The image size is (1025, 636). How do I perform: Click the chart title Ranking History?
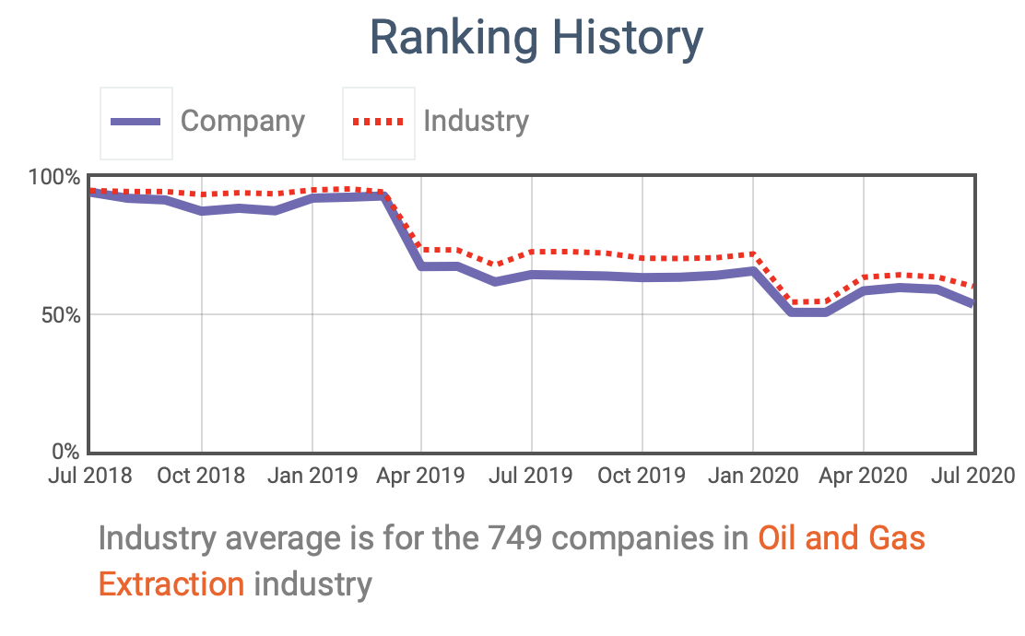536,39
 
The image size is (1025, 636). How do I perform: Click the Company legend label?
242,121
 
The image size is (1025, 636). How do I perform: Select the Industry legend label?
476,121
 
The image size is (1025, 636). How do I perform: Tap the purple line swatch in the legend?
135,122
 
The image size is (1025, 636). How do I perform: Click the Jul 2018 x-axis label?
89,476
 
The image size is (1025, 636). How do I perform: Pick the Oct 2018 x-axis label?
201,476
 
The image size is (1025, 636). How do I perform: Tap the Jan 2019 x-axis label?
312,476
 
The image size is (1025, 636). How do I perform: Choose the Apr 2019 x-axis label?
421,476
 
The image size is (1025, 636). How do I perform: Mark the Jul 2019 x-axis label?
531,476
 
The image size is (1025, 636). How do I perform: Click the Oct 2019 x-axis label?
642,476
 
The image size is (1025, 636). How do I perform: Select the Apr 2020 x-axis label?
863,476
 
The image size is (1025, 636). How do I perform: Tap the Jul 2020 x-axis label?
972,476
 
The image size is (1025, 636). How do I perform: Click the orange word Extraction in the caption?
171,583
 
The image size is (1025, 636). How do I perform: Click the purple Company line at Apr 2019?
421,266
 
